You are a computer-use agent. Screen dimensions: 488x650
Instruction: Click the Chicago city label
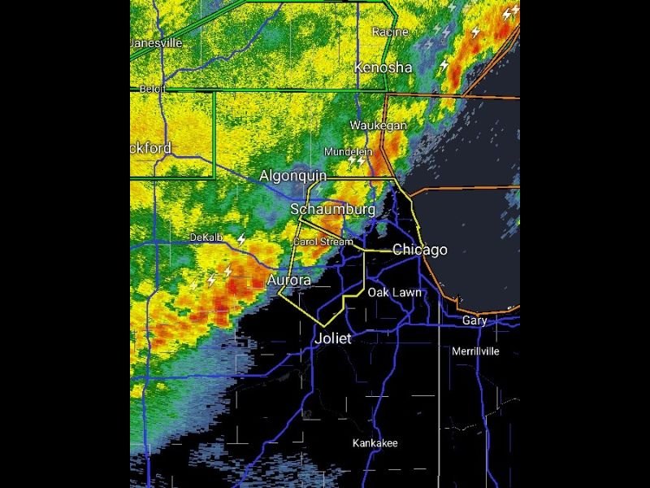[x=419, y=250]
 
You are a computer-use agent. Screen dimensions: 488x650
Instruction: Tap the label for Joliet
[x=333, y=338]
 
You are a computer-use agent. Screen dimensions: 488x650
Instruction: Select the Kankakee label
[x=375, y=443]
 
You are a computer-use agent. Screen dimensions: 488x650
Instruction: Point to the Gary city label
[x=474, y=320]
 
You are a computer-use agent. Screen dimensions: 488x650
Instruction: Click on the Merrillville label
[x=475, y=351]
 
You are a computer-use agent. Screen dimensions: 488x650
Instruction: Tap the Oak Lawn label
[x=394, y=292]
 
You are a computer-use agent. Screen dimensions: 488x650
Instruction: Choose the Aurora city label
[x=288, y=281]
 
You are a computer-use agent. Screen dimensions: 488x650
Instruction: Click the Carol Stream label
[x=323, y=242]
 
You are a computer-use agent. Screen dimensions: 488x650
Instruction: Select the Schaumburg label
[x=333, y=210]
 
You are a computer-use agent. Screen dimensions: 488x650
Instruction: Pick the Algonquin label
[x=292, y=176]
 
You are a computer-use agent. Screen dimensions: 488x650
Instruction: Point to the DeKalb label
[x=206, y=237]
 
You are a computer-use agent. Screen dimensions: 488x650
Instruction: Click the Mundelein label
[x=348, y=152]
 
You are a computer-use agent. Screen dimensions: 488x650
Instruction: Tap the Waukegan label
[x=378, y=125]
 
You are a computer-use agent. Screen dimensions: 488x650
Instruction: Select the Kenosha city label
[x=383, y=68]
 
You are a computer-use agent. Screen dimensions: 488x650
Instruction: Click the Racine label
[x=389, y=32]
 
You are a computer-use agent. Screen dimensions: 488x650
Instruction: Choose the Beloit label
[x=152, y=88]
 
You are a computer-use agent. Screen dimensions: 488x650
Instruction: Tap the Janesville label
[x=156, y=42]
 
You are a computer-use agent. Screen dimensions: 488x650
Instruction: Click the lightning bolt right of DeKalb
[x=241, y=239]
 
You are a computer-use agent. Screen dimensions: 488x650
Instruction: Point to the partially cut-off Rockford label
[x=151, y=148]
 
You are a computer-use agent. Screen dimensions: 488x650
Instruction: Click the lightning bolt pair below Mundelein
[x=357, y=162]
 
